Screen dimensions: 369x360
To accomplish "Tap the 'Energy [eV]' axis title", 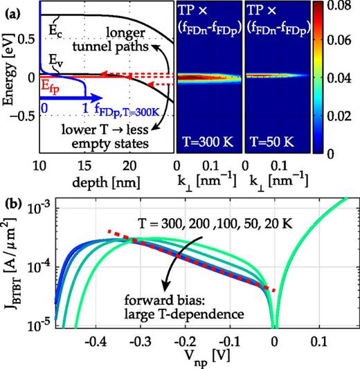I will point(10,77).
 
